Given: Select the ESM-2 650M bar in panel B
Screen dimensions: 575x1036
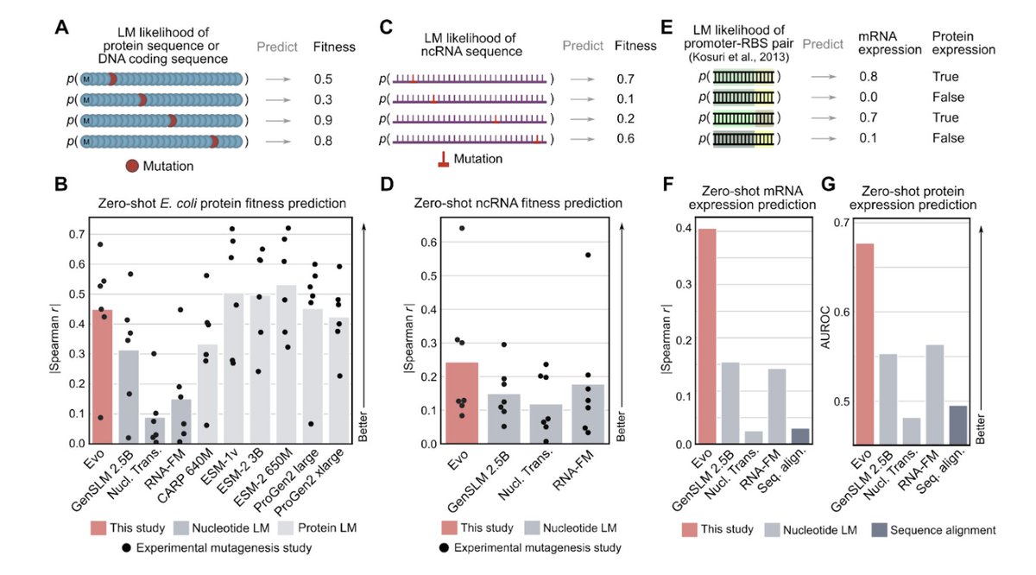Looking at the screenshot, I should pyautogui.click(x=285, y=363).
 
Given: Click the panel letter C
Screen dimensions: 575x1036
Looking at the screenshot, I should pyautogui.click(x=386, y=27).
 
